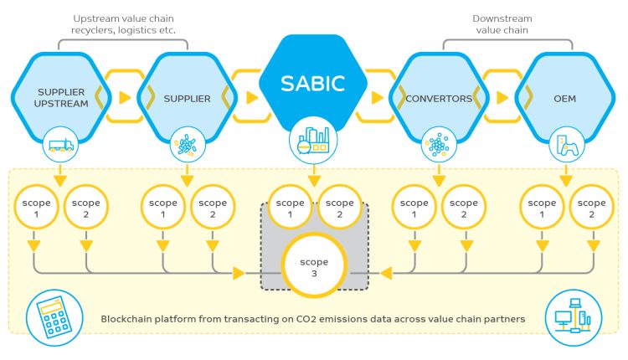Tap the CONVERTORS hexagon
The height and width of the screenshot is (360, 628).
[x=439, y=98]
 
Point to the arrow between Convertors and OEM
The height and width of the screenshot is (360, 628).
[x=501, y=97]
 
